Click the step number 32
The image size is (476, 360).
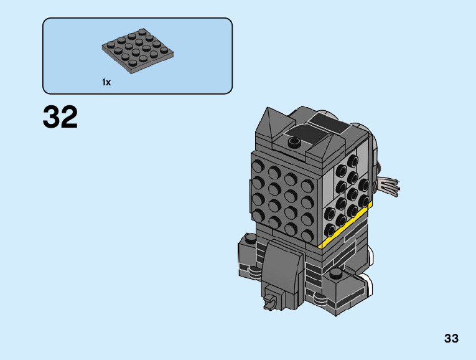click(x=60, y=117)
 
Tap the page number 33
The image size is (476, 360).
click(x=451, y=338)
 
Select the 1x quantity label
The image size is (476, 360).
click(x=106, y=82)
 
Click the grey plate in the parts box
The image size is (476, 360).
click(x=138, y=51)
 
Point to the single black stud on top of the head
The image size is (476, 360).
click(x=294, y=141)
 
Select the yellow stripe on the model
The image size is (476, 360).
click(x=346, y=225)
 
